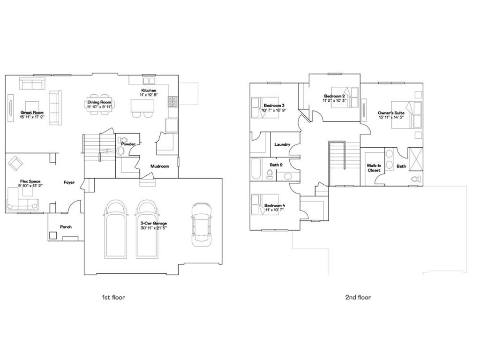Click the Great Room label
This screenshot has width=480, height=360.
click(x=32, y=112)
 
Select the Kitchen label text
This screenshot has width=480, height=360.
click(x=149, y=90)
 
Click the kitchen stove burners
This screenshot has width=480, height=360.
click(x=172, y=99)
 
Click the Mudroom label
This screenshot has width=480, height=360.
click(x=159, y=166)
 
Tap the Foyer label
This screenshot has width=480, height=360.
click(x=69, y=182)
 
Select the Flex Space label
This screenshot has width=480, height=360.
click(x=30, y=181)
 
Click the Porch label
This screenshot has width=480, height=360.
click(x=66, y=227)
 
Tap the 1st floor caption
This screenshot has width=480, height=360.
click(x=113, y=297)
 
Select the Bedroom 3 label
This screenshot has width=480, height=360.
click(x=274, y=105)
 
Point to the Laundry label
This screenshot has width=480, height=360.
click(x=282, y=145)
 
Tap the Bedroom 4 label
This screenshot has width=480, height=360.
click(x=275, y=205)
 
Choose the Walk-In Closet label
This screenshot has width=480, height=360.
click(x=374, y=168)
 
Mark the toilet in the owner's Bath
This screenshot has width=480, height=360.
click(x=415, y=179)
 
